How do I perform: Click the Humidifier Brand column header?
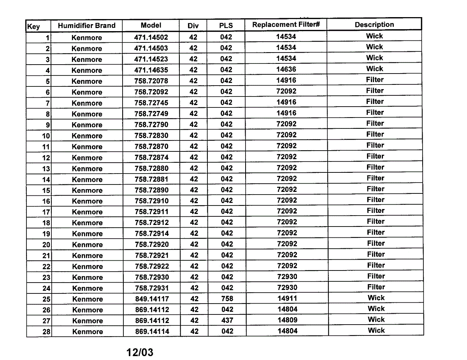point(86,26)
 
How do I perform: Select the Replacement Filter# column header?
point(286,25)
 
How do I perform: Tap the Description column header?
point(374,25)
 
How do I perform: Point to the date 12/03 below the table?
point(140,353)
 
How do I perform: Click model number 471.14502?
point(151,37)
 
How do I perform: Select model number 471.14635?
point(151,70)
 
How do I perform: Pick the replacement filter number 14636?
point(286,70)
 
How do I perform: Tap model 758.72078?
point(151,81)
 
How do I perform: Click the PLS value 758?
point(227,299)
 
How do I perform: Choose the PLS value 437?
point(227,321)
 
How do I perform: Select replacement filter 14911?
point(287,299)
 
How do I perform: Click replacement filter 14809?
point(287,320)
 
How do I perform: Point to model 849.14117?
point(152,299)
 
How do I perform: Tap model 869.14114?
point(152,332)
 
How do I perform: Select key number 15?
point(46,191)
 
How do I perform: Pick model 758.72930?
point(152,277)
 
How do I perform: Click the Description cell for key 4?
point(374,69)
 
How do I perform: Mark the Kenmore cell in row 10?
point(87,136)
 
